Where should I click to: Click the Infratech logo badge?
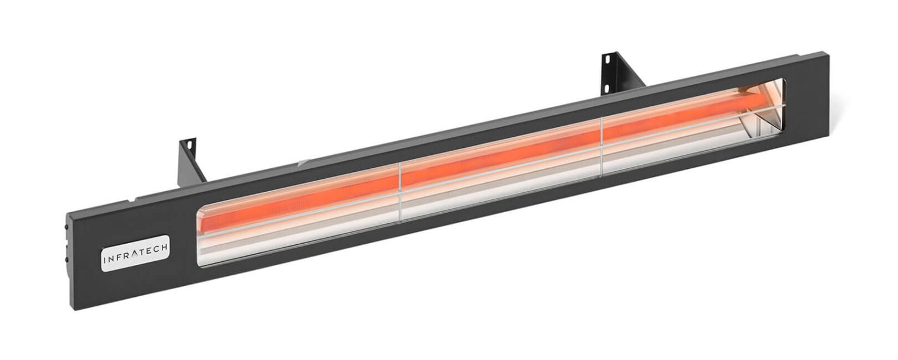click(x=136, y=252)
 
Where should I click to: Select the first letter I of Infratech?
click(x=105, y=257)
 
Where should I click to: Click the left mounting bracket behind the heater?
click(x=191, y=161)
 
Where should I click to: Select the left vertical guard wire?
click(x=400, y=191)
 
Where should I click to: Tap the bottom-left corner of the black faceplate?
click(x=75, y=309)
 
